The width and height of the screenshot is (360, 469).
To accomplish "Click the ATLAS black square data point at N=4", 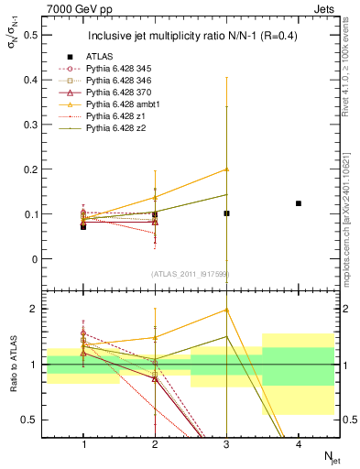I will pos(299,203).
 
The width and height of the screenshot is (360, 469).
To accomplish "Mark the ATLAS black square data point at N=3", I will pos(227,213).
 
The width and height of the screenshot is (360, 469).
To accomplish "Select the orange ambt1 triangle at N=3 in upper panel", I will pos(227,169).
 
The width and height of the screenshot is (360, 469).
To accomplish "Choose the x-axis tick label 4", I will pos(299,444).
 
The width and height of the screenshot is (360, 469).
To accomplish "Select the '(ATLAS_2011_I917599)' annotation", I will pos(191,274).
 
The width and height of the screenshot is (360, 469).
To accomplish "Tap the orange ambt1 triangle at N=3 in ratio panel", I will pos(227,310).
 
